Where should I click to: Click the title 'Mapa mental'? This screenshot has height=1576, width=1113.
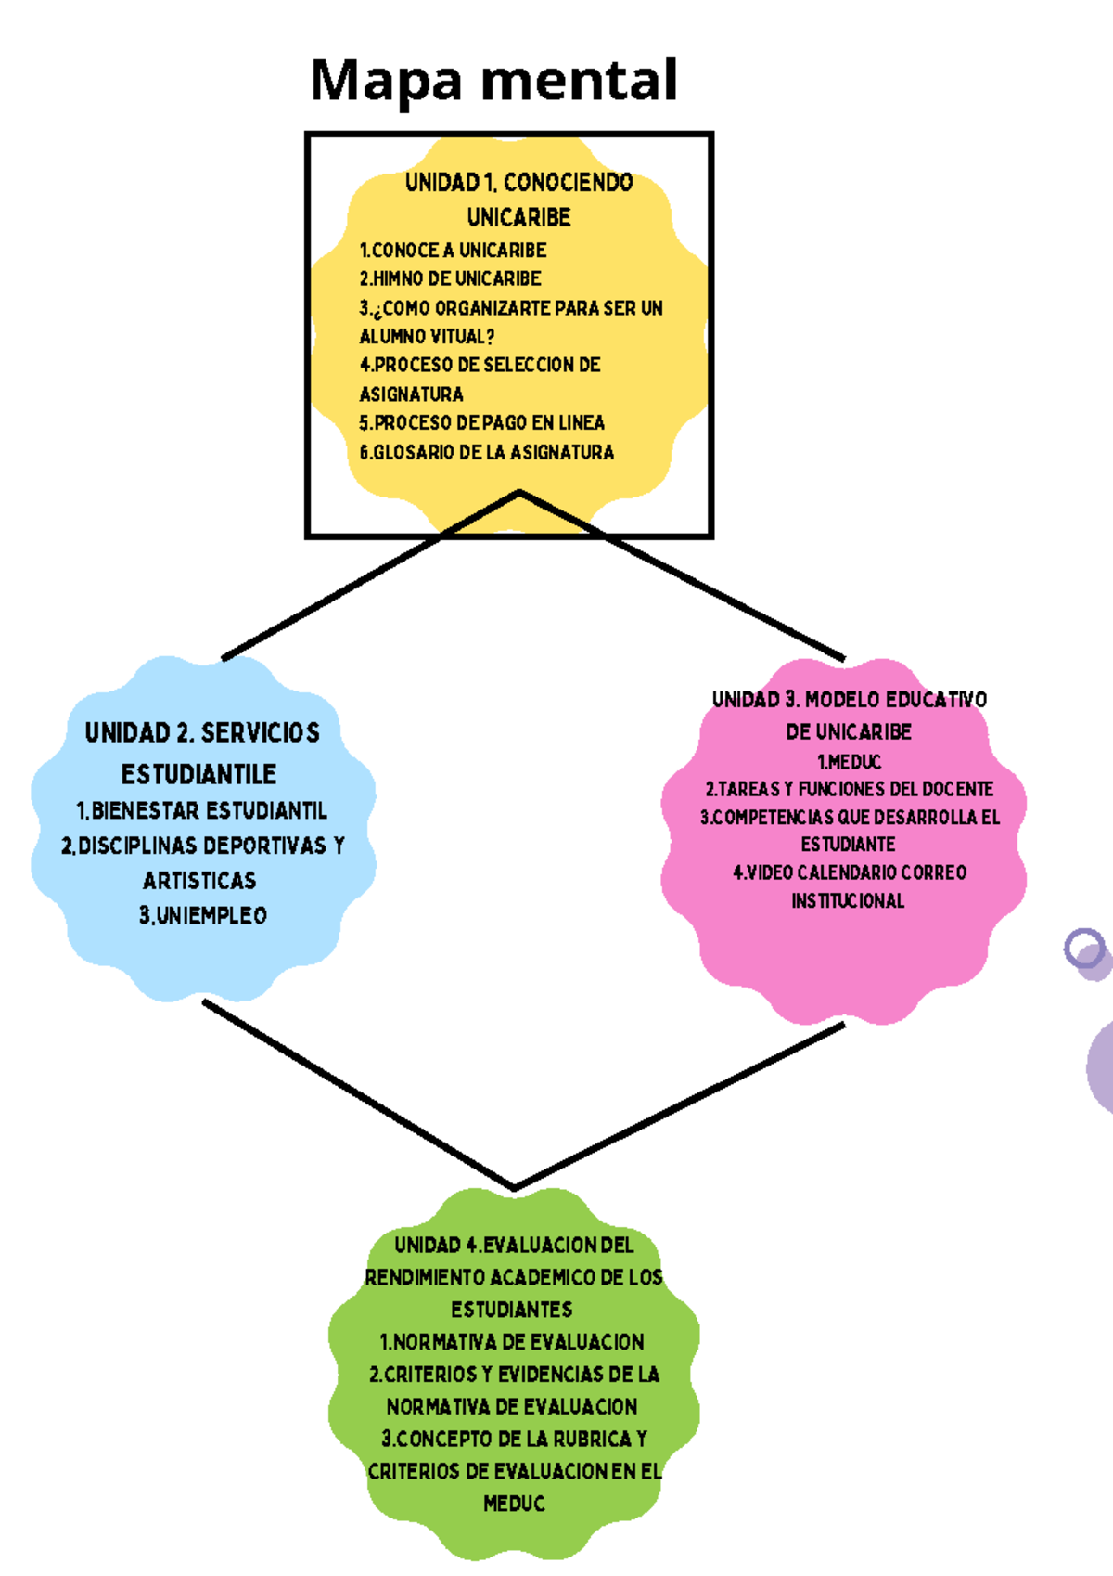[493, 81]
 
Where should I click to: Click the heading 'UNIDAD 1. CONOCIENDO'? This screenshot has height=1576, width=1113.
[518, 182]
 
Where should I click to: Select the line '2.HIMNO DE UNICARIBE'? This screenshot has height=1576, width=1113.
[450, 278]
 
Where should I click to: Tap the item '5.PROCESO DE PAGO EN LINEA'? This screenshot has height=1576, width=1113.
[481, 423]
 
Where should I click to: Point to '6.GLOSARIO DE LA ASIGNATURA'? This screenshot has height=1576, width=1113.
[486, 453]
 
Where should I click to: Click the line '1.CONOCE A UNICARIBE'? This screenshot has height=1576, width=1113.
[453, 251]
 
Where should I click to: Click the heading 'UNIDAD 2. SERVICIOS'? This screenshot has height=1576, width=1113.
[202, 733]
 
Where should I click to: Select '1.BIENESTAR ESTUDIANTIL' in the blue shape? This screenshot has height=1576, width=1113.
[201, 811]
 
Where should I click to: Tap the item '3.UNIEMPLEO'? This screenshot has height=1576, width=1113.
[202, 916]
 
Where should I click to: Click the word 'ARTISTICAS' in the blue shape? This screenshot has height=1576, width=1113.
[199, 881]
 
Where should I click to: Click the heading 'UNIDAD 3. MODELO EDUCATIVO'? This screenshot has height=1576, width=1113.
[849, 700]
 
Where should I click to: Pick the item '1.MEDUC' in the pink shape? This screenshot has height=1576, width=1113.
[849, 762]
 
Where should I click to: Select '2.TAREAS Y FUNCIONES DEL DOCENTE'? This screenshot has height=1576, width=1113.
[849, 790]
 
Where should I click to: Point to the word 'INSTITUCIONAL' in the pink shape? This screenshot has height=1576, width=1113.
[848, 901]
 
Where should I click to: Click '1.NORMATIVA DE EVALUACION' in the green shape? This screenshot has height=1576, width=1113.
[512, 1342]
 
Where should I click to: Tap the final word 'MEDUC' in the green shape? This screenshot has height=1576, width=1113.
[513, 1504]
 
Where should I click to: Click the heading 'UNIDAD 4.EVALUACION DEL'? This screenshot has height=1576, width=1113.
[513, 1245]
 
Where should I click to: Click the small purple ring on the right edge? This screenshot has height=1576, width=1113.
[1083, 949]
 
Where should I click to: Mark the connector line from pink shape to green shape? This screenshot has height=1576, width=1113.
[677, 1106]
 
